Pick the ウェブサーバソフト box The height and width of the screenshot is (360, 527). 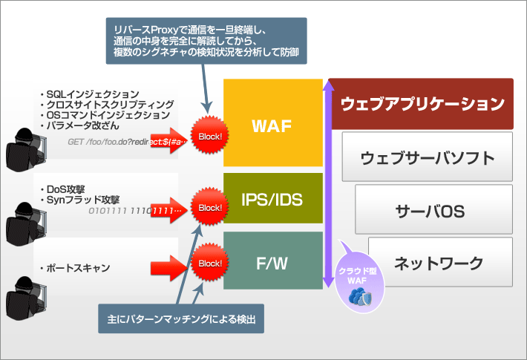(x=427, y=157)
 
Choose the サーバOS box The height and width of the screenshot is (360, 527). (x=433, y=211)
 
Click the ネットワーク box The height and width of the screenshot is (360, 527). (x=439, y=263)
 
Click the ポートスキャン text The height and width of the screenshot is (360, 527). (x=76, y=268)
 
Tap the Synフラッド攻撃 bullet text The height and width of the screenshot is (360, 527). (x=81, y=200)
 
